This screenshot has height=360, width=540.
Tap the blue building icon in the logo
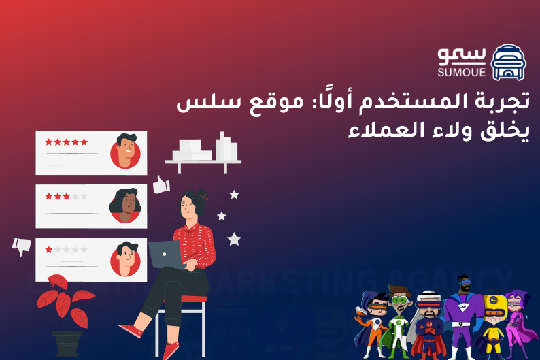508,62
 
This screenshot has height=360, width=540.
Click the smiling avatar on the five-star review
125,152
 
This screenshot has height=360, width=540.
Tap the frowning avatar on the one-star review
125,258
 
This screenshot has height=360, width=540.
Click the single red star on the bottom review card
49,250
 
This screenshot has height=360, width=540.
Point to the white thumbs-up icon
161,184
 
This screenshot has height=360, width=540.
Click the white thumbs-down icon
21,246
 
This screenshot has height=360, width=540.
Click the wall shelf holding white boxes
203,161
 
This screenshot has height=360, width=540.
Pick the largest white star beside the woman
234,239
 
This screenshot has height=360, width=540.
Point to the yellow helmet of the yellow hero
494,300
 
